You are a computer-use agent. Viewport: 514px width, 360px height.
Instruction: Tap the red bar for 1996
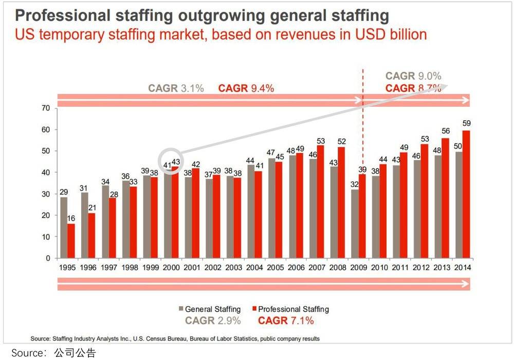click(x=91, y=236)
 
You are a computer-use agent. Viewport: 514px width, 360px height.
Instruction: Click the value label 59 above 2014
click(x=466, y=123)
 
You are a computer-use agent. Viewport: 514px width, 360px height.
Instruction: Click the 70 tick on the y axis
click(x=46, y=108)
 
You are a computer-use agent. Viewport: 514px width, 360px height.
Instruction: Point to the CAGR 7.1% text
click(x=286, y=321)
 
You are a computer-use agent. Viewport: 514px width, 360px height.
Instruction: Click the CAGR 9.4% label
click(x=246, y=88)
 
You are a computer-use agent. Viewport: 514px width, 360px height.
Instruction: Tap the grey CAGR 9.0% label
click(x=413, y=76)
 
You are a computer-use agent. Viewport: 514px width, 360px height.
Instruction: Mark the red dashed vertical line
click(x=363, y=128)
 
